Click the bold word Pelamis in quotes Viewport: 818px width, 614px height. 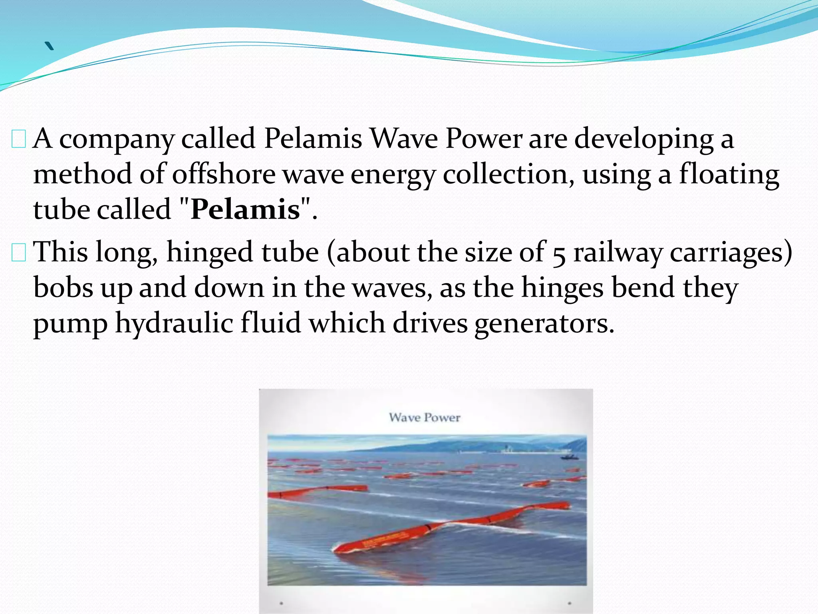click(x=245, y=209)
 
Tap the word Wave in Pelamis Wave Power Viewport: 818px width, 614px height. click(x=404, y=139)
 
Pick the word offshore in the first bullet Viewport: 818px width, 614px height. click(x=224, y=174)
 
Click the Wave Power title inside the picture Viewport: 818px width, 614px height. click(x=425, y=418)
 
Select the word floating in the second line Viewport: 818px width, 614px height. click(x=729, y=174)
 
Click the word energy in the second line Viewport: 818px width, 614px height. click(x=393, y=175)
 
